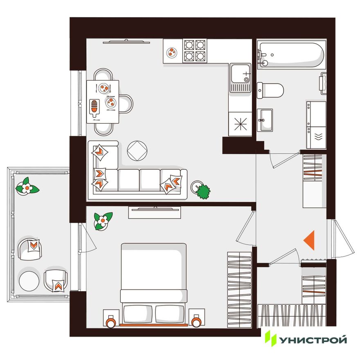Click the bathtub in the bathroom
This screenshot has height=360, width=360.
coord(291,55)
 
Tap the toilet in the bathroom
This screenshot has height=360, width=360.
coord(270,90)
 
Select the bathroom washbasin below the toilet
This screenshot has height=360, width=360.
coord(265,120)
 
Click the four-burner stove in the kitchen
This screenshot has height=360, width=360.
coord(195,51)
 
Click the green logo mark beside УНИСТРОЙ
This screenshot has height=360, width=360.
coord(270,338)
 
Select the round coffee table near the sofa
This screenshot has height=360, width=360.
coord(137,151)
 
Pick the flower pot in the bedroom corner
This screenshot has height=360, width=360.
coord(103,221)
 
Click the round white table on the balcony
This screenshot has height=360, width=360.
coord(29,281)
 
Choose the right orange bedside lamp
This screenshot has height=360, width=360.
coord(196,321)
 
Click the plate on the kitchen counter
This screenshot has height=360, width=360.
coord(171,52)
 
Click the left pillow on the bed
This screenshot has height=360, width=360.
coord(138,314)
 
